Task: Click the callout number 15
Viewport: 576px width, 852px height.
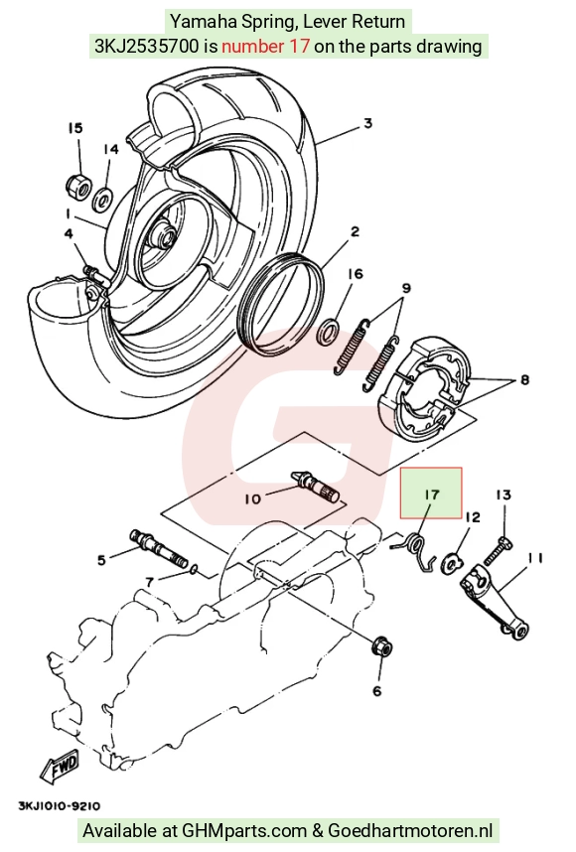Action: point(75,128)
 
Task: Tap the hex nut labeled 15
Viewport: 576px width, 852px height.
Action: point(77,185)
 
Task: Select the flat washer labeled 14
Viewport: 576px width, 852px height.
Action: point(102,200)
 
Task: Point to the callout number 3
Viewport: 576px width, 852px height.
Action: point(367,123)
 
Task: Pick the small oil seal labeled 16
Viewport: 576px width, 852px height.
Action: point(328,332)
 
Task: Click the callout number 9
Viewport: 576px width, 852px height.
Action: point(406,288)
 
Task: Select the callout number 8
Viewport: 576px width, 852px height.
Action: point(524,379)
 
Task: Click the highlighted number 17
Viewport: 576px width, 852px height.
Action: point(431,495)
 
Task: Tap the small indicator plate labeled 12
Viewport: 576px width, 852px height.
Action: point(452,561)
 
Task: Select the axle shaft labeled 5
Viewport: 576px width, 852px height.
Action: point(158,548)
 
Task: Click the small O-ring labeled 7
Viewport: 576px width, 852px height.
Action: point(194,569)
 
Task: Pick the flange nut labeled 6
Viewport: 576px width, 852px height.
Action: point(382,646)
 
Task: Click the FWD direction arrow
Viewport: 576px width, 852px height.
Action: point(60,768)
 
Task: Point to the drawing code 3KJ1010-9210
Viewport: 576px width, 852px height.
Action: point(60,805)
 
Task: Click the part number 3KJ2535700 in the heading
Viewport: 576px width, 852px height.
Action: point(147,47)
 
